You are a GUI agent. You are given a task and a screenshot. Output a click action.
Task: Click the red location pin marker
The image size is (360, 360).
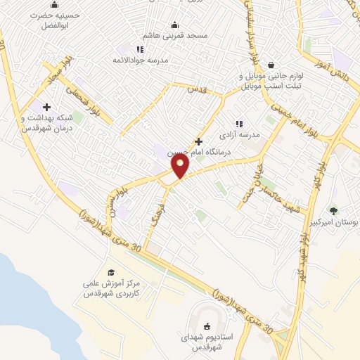click(181, 166)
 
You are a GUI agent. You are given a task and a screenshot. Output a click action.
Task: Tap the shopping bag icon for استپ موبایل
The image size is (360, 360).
click(271, 64)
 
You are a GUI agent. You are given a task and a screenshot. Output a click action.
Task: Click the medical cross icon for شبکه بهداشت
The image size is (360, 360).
click(46, 107)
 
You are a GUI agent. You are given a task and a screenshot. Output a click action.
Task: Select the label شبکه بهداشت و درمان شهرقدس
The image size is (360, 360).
click(44, 124)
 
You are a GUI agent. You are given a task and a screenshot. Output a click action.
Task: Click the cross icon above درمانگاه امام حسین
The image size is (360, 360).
click(198, 141)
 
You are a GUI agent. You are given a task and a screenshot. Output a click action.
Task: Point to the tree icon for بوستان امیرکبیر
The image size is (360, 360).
click(333, 210)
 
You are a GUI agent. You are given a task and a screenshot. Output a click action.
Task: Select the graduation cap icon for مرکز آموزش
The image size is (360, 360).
click(111, 272)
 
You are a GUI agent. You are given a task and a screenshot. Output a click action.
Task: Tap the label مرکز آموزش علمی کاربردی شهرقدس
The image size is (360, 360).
click(112, 288)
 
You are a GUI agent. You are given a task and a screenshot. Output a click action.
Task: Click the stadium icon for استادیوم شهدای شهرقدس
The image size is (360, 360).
click(207, 326)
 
